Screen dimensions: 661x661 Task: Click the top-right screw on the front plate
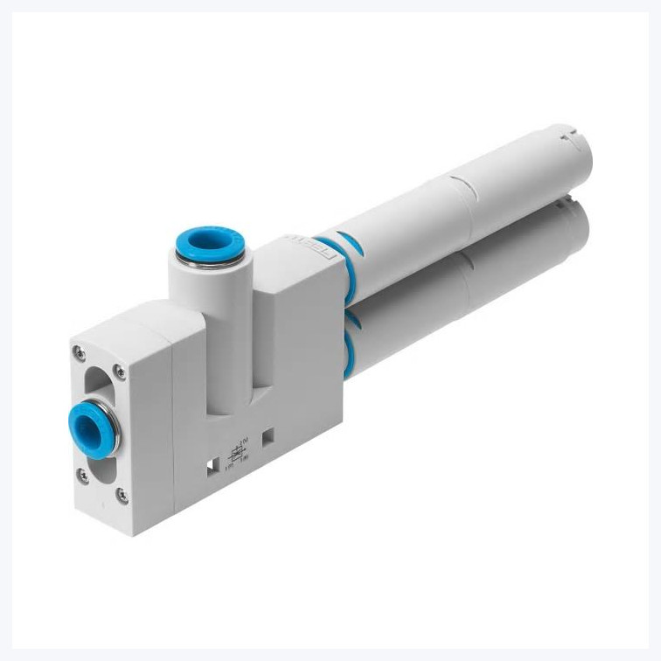[x=120, y=372]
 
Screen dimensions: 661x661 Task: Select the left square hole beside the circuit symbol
[x=212, y=469]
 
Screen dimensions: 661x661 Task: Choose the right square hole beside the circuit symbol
[x=268, y=434]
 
